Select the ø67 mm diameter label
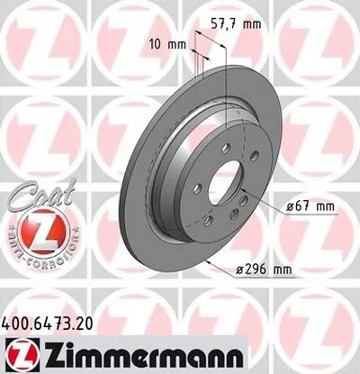click(x=309, y=206)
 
